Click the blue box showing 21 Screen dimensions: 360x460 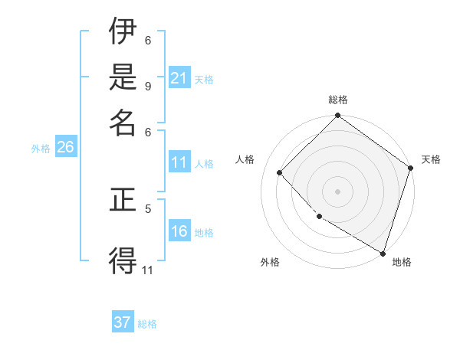[179, 78]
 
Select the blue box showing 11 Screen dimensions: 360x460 [179, 162]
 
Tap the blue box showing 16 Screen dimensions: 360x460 [179, 231]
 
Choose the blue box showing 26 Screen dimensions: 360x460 [65, 148]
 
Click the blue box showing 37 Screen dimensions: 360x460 [123, 322]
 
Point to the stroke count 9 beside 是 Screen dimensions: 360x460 [147, 85]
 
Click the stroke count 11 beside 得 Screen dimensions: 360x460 [148, 270]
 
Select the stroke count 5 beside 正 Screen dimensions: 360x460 [148, 208]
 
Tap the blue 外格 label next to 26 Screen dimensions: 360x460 [41, 149]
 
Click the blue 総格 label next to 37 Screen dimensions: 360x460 [147, 324]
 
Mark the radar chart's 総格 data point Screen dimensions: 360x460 [337, 116]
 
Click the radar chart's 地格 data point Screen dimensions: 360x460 [383, 252]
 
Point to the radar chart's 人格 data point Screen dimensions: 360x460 [280, 172]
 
